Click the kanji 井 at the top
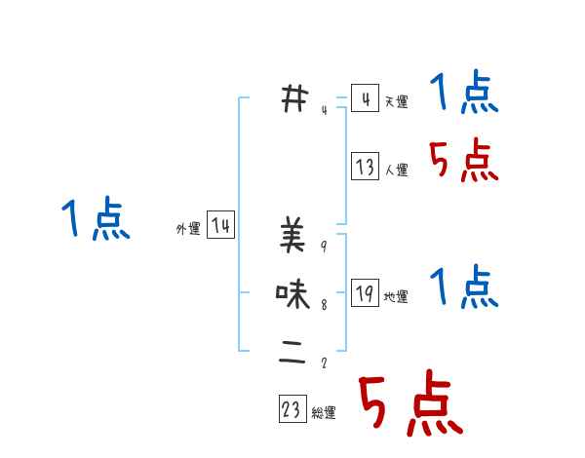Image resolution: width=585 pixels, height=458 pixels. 292,98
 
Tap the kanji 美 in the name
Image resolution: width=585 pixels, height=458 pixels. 292,236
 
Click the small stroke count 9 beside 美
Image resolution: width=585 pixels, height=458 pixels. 323,247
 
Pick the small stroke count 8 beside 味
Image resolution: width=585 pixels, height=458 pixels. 323,305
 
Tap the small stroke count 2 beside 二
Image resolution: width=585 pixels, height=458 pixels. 323,363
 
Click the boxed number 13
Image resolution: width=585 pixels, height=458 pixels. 365,168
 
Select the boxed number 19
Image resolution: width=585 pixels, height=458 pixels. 365,294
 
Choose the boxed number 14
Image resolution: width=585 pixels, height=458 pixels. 221,226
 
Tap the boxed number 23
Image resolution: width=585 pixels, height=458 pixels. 292,410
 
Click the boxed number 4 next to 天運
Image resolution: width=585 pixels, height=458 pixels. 365,99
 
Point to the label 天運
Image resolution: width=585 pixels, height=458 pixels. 396,102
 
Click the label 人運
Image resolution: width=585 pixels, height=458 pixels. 396,171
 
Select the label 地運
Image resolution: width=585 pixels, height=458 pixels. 396,297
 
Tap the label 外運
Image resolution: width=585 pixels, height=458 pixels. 188,229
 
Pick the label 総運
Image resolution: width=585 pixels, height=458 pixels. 324,413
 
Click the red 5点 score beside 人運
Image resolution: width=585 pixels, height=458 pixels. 464,161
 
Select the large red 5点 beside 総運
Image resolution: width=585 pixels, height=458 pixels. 409,404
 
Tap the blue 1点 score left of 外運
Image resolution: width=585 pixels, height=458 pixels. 95,218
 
